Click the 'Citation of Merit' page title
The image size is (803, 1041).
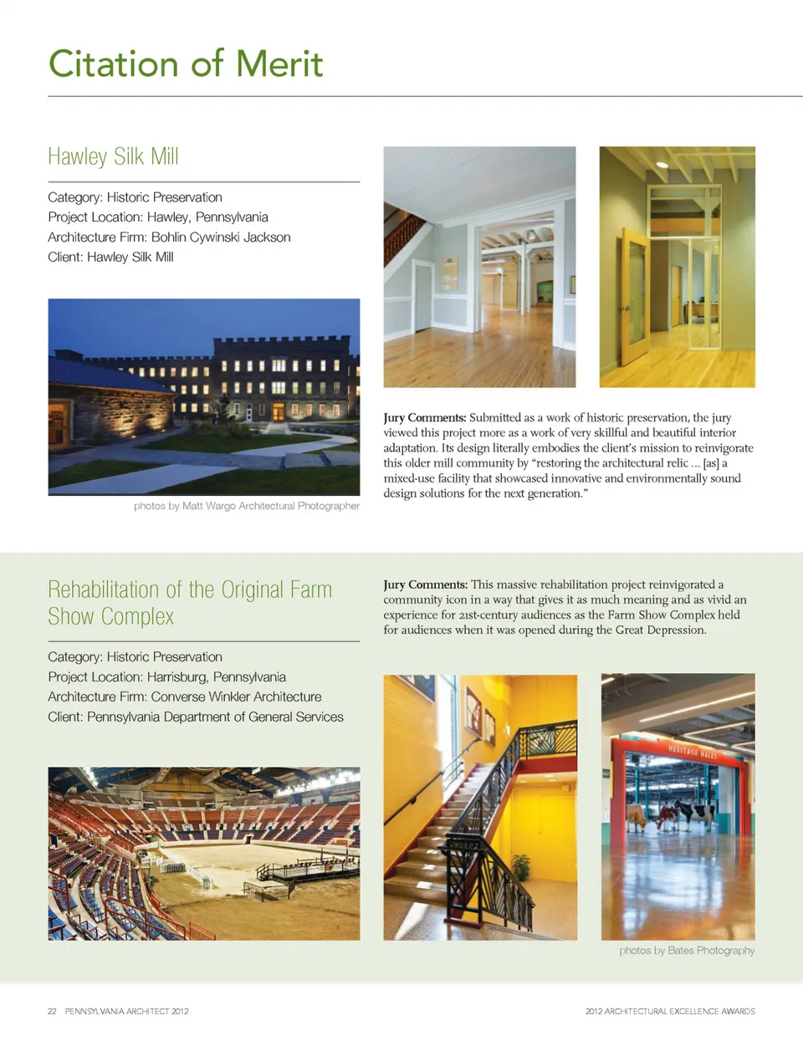(x=186, y=64)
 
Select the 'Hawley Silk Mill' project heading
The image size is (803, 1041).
(x=113, y=157)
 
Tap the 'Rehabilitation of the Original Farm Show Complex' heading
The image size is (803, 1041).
(x=190, y=603)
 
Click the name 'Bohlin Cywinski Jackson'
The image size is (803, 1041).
(x=221, y=237)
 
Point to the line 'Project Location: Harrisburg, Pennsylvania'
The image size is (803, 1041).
(x=166, y=677)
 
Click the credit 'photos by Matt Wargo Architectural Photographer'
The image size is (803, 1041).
(x=246, y=506)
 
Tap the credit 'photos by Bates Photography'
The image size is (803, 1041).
(x=687, y=951)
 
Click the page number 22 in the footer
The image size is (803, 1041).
(x=52, y=1012)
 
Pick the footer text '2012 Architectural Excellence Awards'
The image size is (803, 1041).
(x=670, y=1012)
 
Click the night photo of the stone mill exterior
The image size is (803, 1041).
(x=204, y=396)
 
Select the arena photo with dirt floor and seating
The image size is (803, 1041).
(x=204, y=854)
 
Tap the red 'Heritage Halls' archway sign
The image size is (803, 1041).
(x=692, y=751)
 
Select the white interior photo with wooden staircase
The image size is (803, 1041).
(x=479, y=267)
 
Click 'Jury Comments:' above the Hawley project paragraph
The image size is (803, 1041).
(x=424, y=418)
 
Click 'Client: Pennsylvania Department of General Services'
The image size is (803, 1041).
(x=196, y=717)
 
